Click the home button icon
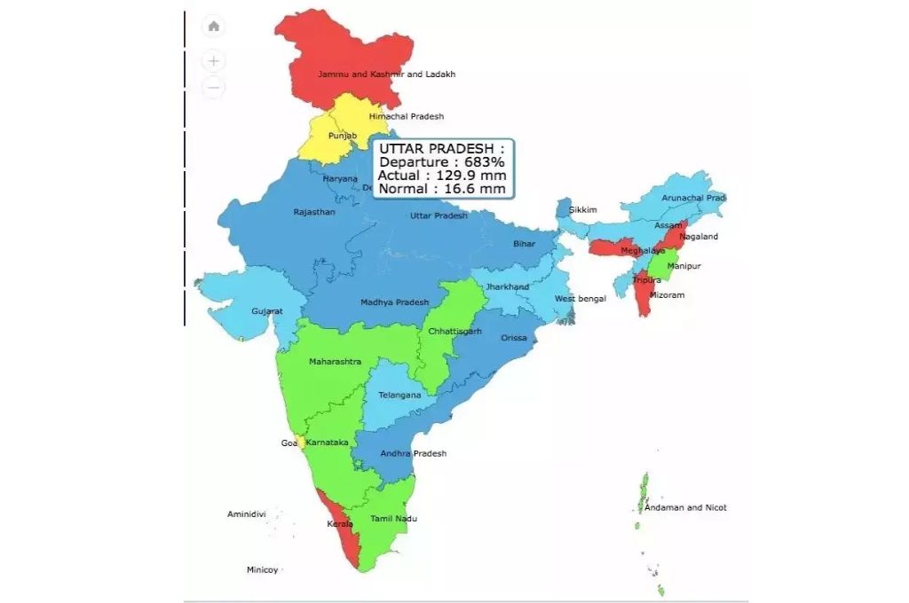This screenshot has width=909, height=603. coord(214,27)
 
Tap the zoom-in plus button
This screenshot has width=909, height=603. coord(214,61)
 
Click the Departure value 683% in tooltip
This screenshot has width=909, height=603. coord(485,162)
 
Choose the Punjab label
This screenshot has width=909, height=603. coord(342,136)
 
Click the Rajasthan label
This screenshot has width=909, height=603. coord(314,212)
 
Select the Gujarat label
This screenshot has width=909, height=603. coord(266,311)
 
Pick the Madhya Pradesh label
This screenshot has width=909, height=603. coord(394,302)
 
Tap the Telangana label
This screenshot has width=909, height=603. coord(399,395)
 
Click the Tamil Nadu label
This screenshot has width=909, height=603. coord(393,519)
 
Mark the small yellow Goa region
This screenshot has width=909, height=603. coord(303,442)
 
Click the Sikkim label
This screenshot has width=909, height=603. coord(582,210)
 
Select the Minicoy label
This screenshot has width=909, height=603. coord(262,569)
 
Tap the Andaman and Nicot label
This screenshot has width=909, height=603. coord(685,508)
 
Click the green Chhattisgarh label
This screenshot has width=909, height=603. coord(454,331)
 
